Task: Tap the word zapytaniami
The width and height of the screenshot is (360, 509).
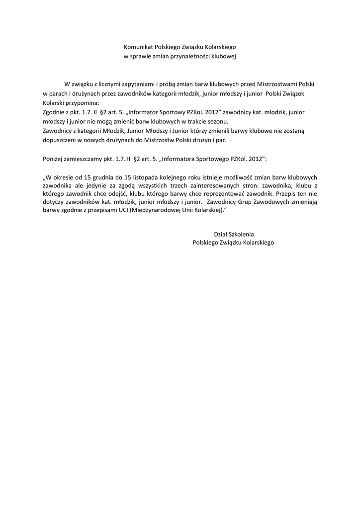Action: click(128, 84)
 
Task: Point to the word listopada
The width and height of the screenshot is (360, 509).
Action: click(158, 177)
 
